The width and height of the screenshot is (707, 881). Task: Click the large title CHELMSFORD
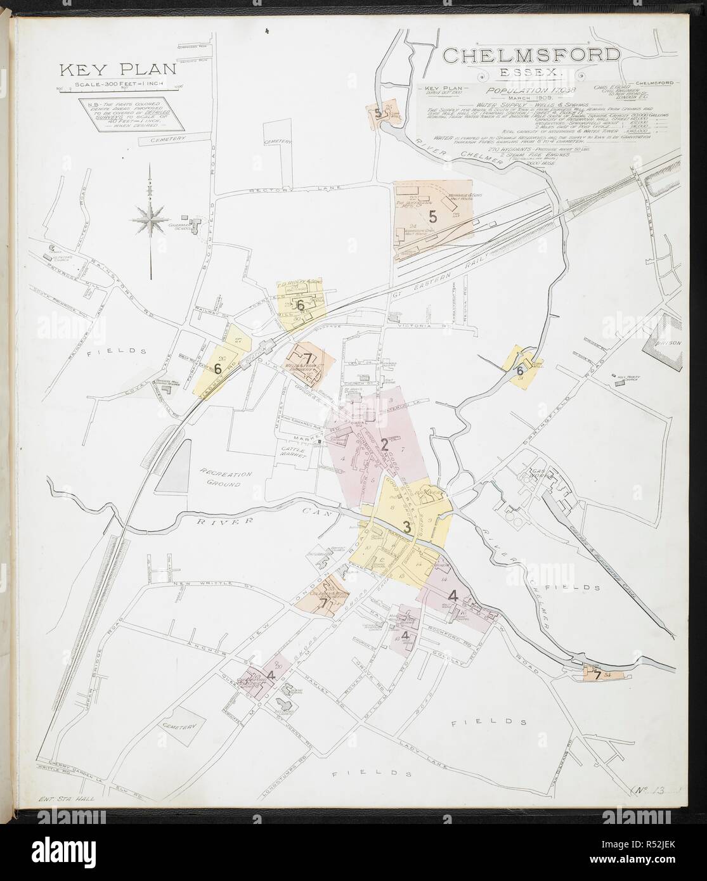pos(531,55)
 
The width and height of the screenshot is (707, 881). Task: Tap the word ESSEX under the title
pos(531,73)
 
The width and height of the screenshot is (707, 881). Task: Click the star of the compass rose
pos(150,219)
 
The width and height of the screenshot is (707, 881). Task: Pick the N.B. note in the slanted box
pos(124,114)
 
